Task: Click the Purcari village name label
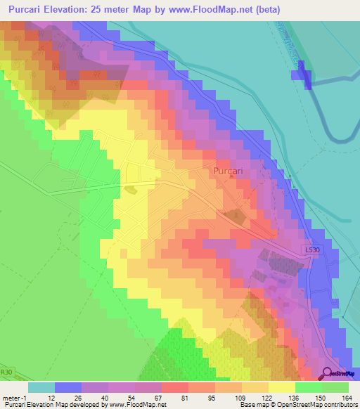click(228, 171)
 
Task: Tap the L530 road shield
click(314, 249)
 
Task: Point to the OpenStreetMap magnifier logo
click(328, 374)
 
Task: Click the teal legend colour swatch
click(41, 387)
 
